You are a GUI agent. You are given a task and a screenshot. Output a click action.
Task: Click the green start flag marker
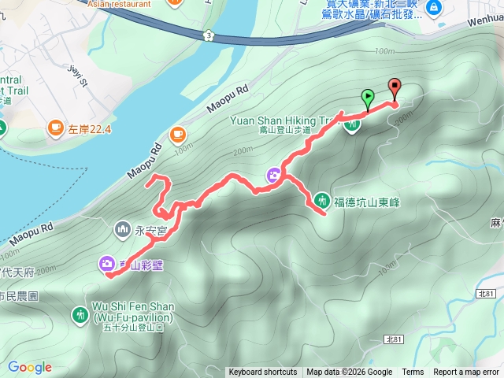pyautogui.click(x=367, y=98)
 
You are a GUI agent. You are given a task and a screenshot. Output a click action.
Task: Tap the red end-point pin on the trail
pyautogui.click(x=394, y=88)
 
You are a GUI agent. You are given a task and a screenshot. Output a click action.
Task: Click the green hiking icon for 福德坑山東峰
pyautogui.click(x=322, y=199)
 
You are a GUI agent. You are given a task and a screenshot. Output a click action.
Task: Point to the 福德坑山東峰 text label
pyautogui.click(x=368, y=202)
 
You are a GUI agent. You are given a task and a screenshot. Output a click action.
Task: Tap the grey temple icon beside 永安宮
pyautogui.click(x=123, y=229)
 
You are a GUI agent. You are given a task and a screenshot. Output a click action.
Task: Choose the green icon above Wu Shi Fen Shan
pyautogui.click(x=80, y=314)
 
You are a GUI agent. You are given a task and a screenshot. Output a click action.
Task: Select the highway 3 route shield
pyautogui.click(x=206, y=35)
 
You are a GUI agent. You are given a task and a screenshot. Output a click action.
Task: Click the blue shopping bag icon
pyautogui.click(x=432, y=8)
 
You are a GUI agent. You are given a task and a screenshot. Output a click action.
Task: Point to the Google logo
pyautogui.click(x=30, y=367)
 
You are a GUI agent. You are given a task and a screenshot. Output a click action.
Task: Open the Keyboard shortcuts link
pyautogui.click(x=263, y=372)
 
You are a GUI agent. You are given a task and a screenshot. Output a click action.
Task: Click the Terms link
pyautogui.click(x=413, y=372)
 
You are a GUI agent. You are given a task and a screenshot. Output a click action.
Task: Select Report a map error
pyautogui.click(x=466, y=372)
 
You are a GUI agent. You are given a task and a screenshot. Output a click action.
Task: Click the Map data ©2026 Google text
pyautogui.click(x=350, y=372)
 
